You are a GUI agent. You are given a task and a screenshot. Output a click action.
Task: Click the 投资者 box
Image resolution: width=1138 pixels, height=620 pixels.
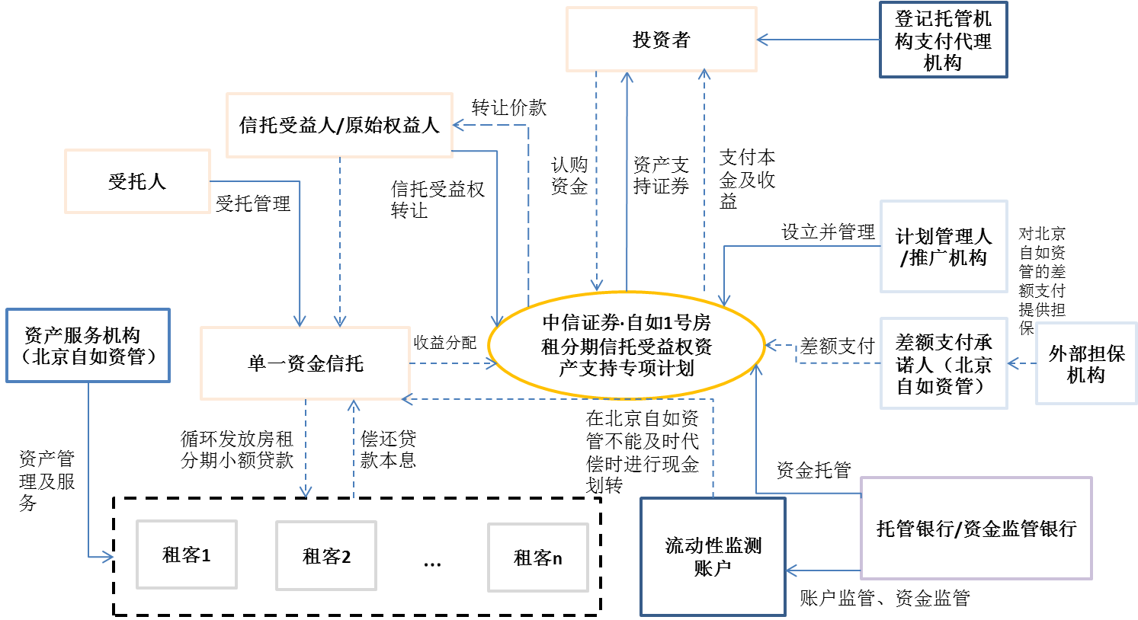pyautogui.click(x=661, y=40)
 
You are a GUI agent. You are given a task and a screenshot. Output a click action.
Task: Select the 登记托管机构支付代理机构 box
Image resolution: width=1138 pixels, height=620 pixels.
pyautogui.click(x=943, y=40)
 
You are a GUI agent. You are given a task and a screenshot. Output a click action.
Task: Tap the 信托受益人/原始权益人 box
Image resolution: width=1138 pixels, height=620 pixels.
pyautogui.click(x=339, y=125)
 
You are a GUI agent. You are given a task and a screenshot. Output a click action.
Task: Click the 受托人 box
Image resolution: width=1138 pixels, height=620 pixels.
pyautogui.click(x=137, y=181)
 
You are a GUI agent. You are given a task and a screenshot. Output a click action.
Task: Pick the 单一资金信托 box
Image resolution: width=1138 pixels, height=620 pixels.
pyautogui.click(x=305, y=363)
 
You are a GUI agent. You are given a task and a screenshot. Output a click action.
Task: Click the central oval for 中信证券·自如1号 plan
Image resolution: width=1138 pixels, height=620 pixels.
pyautogui.click(x=626, y=346)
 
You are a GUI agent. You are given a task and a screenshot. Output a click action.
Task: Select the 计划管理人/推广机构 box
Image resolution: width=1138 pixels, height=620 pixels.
pyautogui.click(x=943, y=247)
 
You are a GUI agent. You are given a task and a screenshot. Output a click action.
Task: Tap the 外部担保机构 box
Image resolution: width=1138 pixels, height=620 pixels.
pyautogui.click(x=1085, y=363)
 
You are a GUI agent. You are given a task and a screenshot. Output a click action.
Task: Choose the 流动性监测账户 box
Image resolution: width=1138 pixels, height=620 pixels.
pyautogui.click(x=713, y=556)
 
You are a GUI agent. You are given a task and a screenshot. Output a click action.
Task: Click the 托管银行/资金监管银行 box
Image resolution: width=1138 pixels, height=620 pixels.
pyautogui.click(x=976, y=528)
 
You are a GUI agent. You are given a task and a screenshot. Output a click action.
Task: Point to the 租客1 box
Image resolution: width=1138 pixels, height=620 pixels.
pyautogui.click(x=187, y=554)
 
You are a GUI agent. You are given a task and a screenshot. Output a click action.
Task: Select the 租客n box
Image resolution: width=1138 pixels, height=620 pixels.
pyautogui.click(x=537, y=558)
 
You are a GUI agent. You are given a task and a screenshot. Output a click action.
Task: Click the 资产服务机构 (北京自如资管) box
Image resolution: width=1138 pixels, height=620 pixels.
pyautogui.click(x=88, y=345)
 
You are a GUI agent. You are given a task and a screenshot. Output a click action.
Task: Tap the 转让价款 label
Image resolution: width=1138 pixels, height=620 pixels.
pyautogui.click(x=508, y=107)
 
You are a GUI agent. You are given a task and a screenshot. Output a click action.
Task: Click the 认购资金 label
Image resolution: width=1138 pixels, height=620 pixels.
pyautogui.click(x=569, y=175)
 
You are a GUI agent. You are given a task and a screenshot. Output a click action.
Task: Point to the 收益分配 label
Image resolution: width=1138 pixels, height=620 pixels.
pyautogui.click(x=445, y=343)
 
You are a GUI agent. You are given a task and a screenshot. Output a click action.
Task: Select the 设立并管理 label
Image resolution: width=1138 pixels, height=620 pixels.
pyautogui.click(x=828, y=232)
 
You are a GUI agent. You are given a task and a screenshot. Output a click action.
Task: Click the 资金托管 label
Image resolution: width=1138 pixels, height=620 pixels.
pyautogui.click(x=813, y=470)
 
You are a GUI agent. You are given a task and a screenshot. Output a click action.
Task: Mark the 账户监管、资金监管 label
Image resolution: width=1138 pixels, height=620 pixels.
pyautogui.click(x=884, y=598)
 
